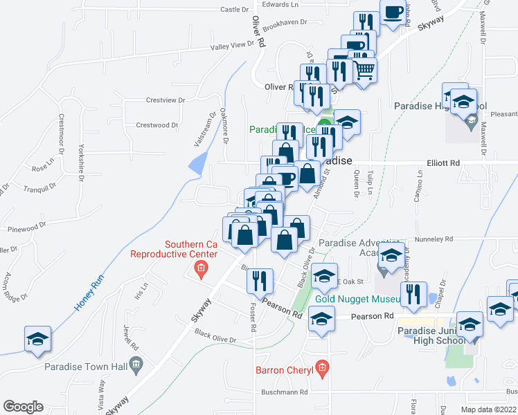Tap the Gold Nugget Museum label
click(358, 299)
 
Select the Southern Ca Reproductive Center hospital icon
click(202, 268)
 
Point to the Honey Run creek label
click(89, 293)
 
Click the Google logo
click(24, 407)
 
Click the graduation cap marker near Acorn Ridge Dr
click(37, 339)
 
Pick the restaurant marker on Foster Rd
click(260, 280)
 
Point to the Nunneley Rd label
click(434, 239)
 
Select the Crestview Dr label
click(166, 100)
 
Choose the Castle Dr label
click(234, 9)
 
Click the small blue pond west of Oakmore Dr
click(197, 163)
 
